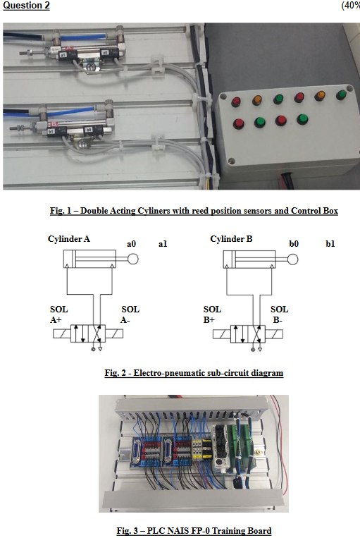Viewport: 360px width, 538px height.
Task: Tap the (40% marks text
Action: click(x=350, y=6)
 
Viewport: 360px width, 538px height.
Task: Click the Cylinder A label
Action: click(x=68, y=239)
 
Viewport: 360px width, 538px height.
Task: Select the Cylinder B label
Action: click(x=231, y=239)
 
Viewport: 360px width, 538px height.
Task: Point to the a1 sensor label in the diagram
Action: click(x=163, y=244)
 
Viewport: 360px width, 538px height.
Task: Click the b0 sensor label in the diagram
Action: click(x=294, y=244)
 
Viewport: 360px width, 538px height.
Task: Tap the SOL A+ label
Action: click(x=60, y=314)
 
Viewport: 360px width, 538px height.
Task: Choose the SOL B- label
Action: click(x=279, y=314)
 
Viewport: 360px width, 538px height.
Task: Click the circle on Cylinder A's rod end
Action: click(x=131, y=259)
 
